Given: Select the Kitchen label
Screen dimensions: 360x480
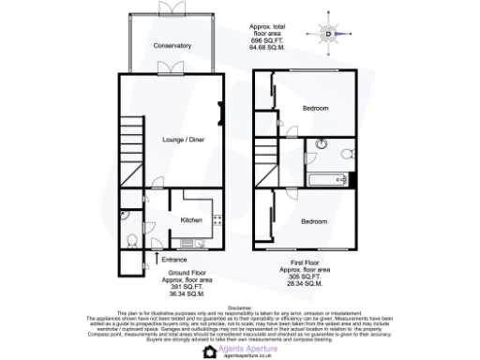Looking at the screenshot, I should pyautogui.click(x=191, y=220).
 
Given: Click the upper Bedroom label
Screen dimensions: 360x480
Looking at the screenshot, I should pyautogui.click(x=315, y=109).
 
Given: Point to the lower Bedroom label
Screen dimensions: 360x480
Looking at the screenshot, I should pyautogui.click(x=314, y=221).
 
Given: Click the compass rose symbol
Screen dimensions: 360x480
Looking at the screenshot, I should pyautogui.click(x=328, y=34).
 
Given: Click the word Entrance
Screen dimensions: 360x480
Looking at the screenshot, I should pyautogui.click(x=175, y=259).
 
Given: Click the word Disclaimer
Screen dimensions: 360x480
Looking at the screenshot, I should pyautogui.click(x=240, y=306).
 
